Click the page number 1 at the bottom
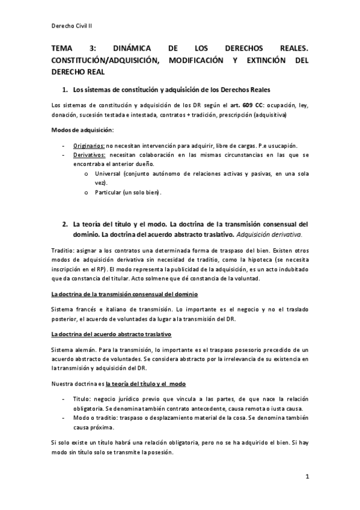click(x=307, y=477)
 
